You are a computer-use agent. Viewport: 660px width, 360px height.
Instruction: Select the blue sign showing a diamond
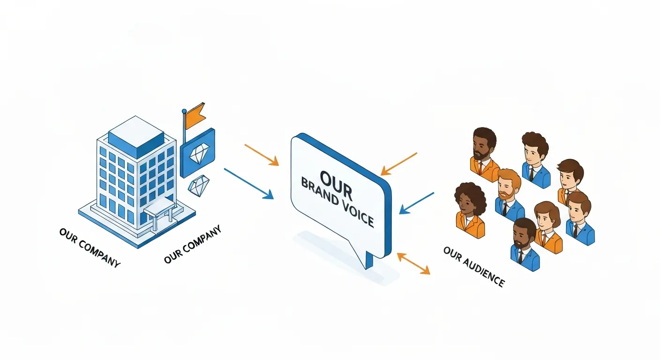coord(197,152)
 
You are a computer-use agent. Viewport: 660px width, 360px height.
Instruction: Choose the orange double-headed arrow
coord(413,263)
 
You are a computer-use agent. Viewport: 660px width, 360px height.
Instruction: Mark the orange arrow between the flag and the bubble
coord(262,155)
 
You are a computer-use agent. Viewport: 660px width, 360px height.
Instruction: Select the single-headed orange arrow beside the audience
coord(398,164)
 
